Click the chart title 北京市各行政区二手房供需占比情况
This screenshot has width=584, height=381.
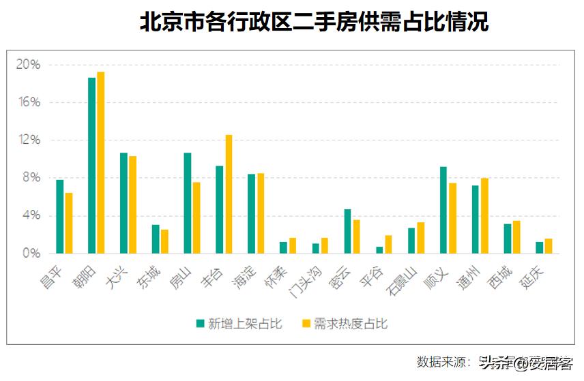point(314,22)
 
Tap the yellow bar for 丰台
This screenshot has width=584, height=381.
point(229,194)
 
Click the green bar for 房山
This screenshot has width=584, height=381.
point(188,203)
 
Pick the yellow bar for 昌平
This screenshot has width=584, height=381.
point(69,223)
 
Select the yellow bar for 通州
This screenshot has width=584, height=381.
point(484,215)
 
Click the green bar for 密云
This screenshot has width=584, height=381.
point(347,231)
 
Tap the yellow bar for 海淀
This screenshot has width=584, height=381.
point(261,213)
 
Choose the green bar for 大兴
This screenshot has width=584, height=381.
point(124,203)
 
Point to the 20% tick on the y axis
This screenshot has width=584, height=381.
point(29,65)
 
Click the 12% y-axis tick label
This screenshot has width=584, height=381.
point(29,140)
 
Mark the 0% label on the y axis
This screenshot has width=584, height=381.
point(31,254)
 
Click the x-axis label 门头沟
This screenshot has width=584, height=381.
point(302,280)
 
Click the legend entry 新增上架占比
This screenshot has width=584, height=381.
point(239,323)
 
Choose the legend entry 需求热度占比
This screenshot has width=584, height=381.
point(345,323)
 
